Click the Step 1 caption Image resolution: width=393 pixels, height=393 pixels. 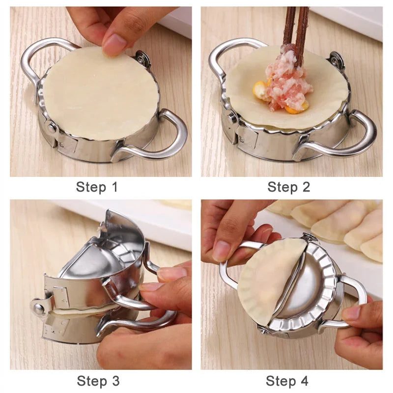(x=97, y=187)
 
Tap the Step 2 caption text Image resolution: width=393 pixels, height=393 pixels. (x=289, y=187)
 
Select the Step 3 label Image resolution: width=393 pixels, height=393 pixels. (x=98, y=381)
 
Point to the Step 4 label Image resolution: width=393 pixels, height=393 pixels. (x=287, y=381)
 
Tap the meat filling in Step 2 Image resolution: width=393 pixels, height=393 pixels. (x=290, y=81)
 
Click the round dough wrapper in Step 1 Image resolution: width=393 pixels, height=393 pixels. (x=101, y=93)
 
